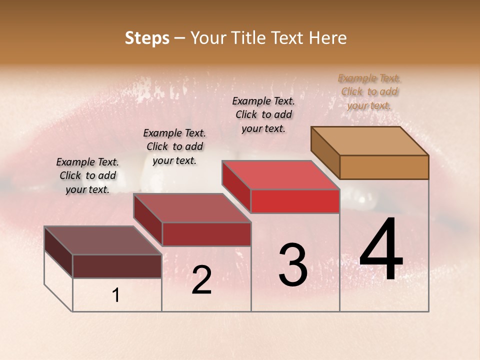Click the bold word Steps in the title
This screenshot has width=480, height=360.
(x=147, y=38)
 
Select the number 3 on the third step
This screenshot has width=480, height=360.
(x=292, y=265)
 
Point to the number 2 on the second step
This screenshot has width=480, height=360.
(x=201, y=280)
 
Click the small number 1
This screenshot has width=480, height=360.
(x=116, y=295)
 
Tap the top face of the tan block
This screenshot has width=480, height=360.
(x=369, y=140)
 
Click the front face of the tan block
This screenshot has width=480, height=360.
(x=384, y=167)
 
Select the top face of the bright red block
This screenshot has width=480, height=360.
(x=280, y=175)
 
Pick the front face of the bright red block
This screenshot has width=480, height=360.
(x=295, y=201)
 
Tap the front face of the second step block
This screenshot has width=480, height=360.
(x=206, y=234)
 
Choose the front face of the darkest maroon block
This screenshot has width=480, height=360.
(x=117, y=265)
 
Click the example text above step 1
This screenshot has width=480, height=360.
(x=87, y=175)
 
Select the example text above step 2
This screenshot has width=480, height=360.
(x=174, y=146)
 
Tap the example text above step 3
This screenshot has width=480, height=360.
(x=263, y=114)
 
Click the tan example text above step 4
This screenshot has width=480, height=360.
(x=369, y=91)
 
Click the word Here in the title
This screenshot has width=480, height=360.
(x=328, y=38)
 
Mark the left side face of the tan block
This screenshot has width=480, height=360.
(x=325, y=152)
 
